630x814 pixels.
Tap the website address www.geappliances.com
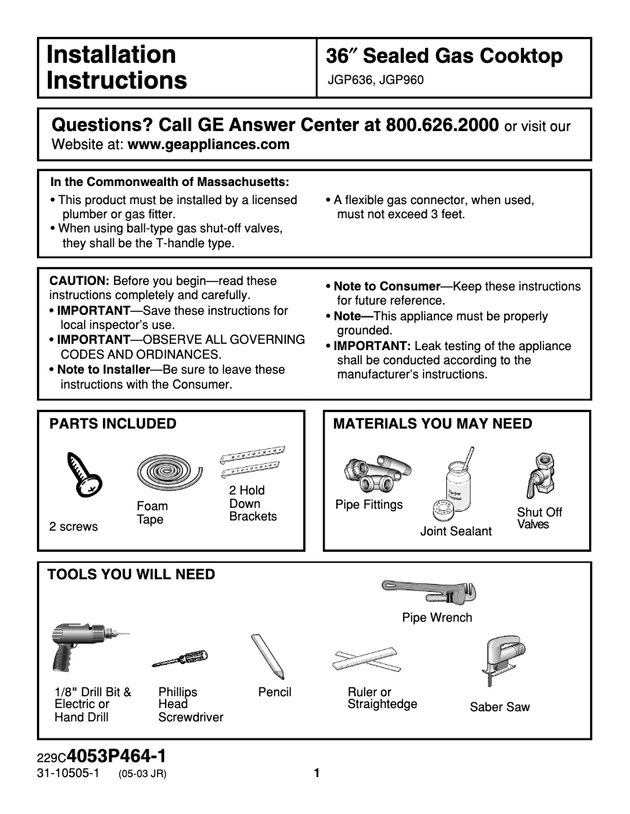click(208, 144)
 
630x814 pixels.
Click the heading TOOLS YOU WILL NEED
click(130, 575)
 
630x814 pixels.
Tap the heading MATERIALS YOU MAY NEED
click(433, 424)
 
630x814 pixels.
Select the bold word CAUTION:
click(79, 281)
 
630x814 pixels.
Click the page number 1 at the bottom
click(317, 773)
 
